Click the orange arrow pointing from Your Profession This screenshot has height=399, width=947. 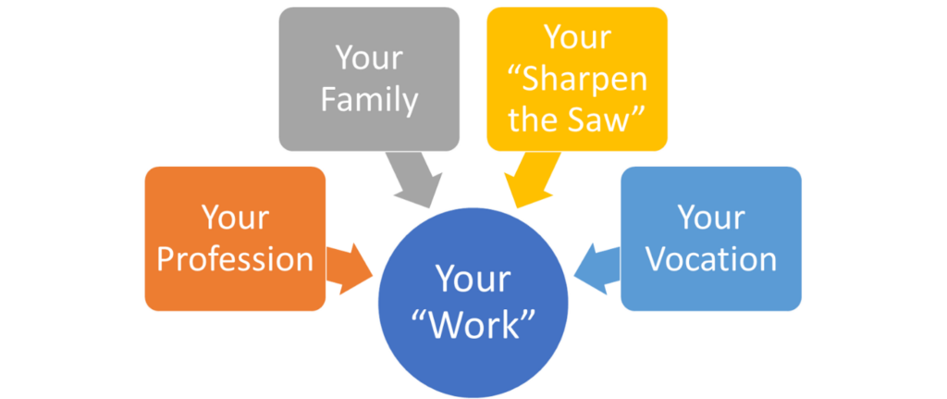tap(349, 269)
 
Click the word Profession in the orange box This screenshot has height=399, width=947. tap(235, 259)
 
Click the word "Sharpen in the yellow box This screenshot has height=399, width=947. tap(577, 81)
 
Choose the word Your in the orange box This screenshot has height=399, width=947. tap(235, 217)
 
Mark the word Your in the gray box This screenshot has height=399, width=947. tap(369, 58)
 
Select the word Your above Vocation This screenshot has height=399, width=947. tap(711, 217)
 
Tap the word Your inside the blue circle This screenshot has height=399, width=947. tap(473, 279)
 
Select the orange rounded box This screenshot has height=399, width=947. tap(235, 239)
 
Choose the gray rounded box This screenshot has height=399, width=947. tap(369, 80)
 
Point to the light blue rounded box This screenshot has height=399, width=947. tap(711, 239)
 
